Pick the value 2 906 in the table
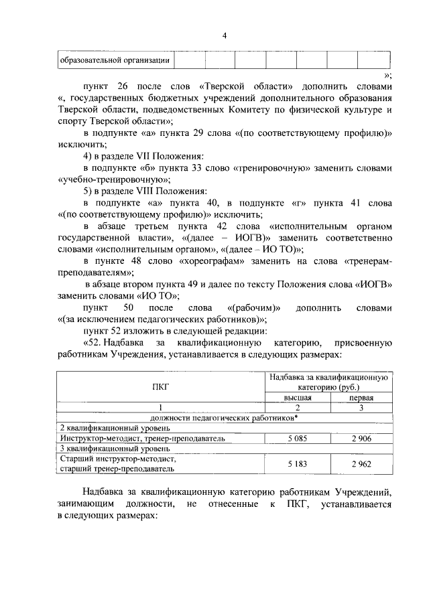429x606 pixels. (361, 439)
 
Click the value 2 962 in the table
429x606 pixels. (361, 463)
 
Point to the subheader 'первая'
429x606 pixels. (361, 397)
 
